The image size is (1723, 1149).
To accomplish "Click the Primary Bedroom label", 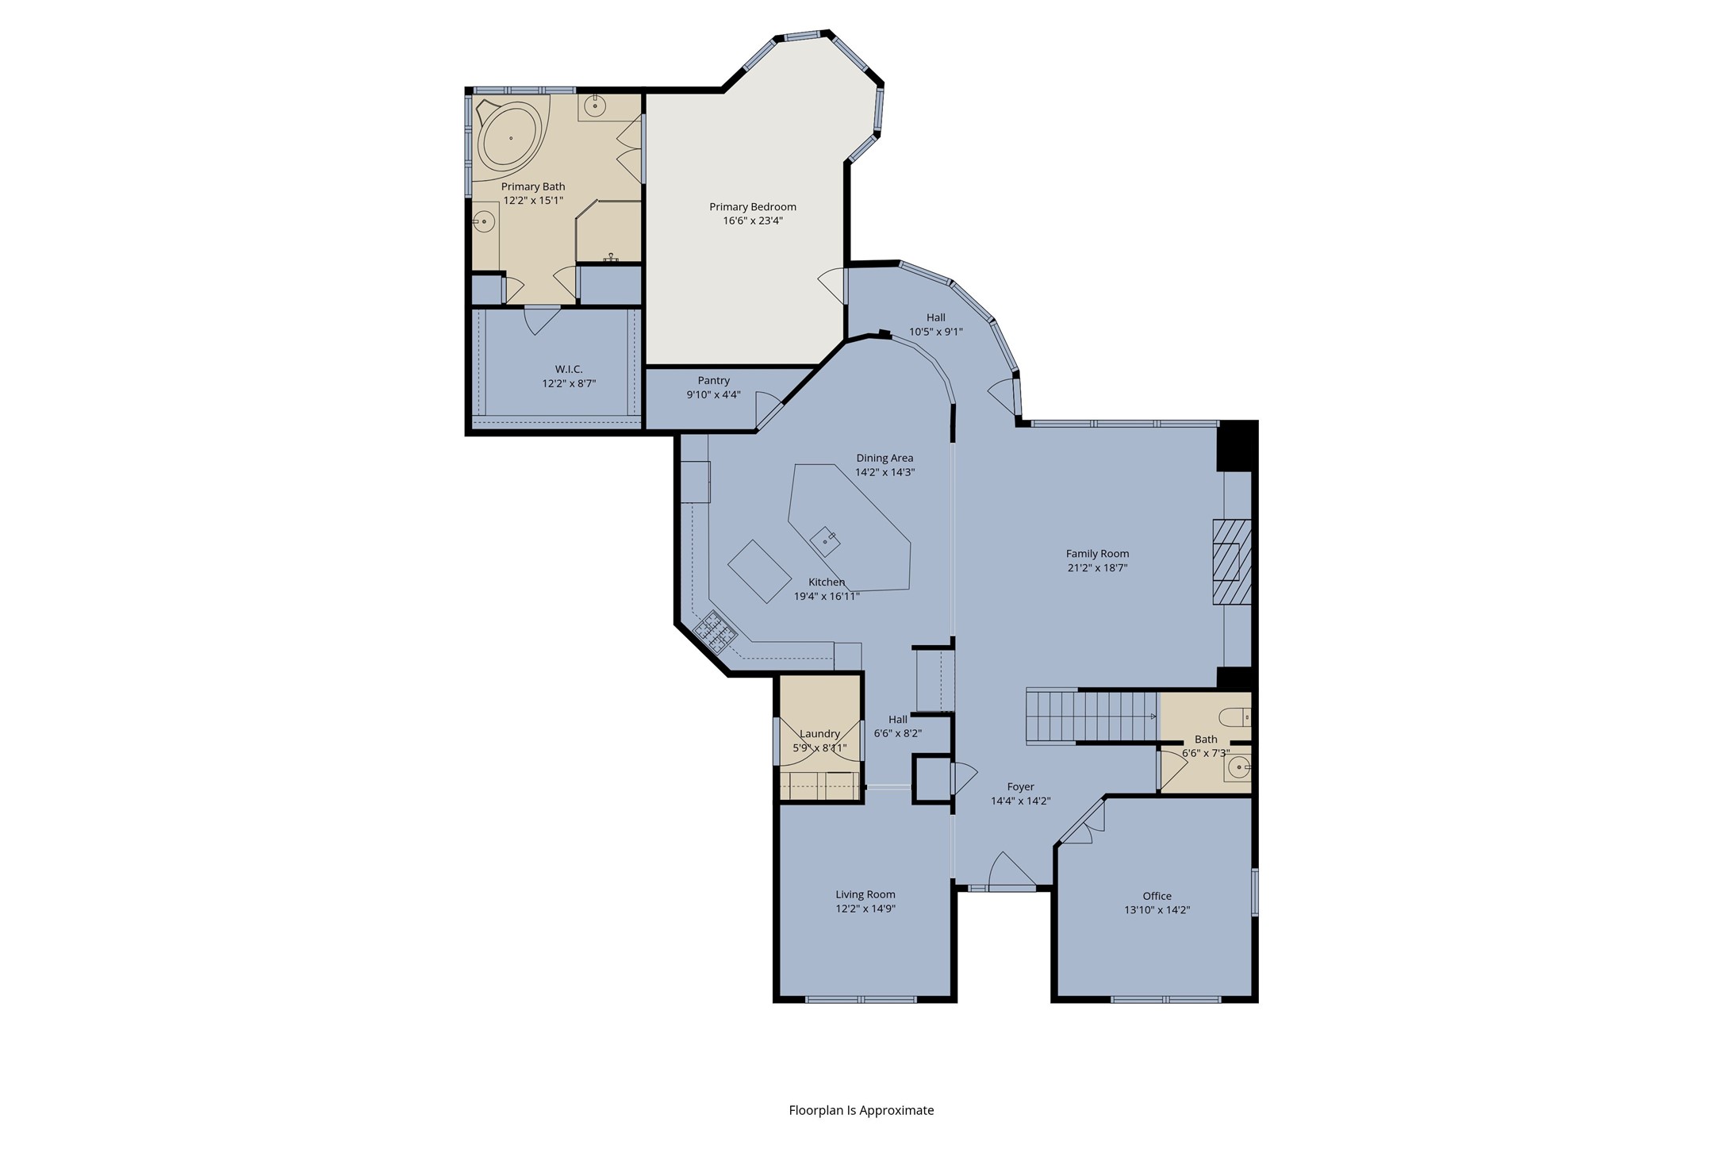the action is pos(753,207).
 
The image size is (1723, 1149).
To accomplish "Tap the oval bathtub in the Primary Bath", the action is pos(510,138).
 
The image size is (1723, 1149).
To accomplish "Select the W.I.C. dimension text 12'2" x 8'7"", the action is pos(569,383).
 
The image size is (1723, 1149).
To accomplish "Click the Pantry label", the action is pos(714,381).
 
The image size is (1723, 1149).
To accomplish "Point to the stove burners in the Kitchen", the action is pos(716,631).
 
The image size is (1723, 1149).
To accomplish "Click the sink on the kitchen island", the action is pos(826,540).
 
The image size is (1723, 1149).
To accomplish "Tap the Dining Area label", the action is pos(885,458).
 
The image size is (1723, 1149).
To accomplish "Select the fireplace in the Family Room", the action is pos(1231,563).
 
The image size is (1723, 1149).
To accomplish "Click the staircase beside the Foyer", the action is pos(1092,716).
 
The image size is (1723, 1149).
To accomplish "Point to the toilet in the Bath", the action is pos(1235,717).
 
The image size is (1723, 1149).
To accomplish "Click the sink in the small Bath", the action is pos(1238,767).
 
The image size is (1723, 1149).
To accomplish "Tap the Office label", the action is pos(1157,896).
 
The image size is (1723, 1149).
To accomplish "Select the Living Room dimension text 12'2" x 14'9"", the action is pos(865,909).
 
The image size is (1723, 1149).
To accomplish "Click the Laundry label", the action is pos(819,734).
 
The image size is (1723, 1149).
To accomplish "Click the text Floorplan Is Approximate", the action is pos(861,1110).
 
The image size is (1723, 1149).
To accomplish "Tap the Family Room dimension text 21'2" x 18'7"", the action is pos(1097,567).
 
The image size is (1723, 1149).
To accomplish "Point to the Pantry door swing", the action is pos(769,409).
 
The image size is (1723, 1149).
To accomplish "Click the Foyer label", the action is pos(1021,787).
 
